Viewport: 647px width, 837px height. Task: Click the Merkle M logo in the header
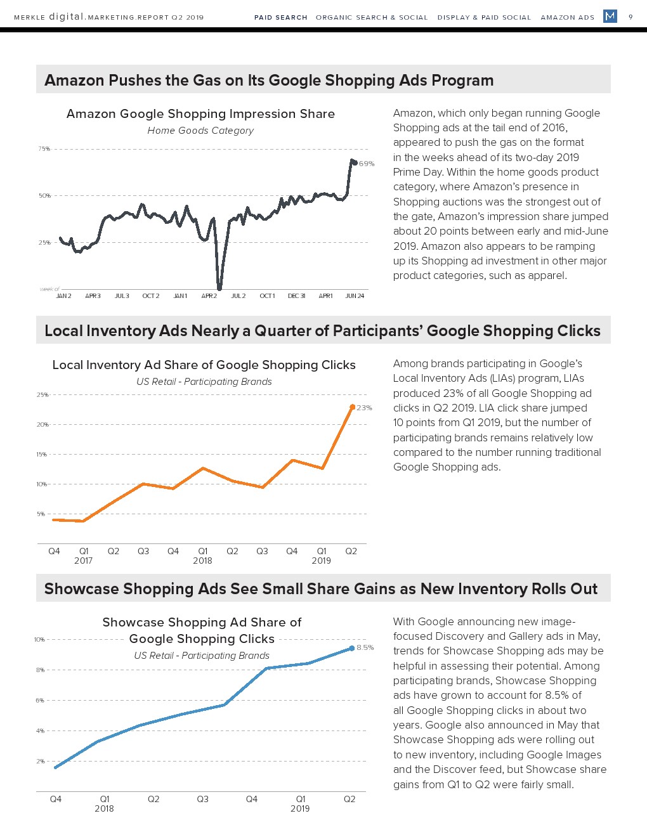[x=610, y=16]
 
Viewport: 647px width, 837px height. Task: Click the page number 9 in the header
[x=631, y=17]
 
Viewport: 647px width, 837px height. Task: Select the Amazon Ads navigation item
[x=567, y=18]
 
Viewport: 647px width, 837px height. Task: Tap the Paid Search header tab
[x=280, y=18]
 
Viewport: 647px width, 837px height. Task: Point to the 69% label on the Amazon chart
[x=367, y=164]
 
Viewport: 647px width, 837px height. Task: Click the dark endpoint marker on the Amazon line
[x=355, y=163]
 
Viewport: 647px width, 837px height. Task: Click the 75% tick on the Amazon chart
[x=44, y=149]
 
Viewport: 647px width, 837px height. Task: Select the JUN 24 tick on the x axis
[x=355, y=296]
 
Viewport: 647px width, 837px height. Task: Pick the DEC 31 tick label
[x=296, y=296]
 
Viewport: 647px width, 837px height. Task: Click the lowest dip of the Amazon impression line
[x=219, y=288]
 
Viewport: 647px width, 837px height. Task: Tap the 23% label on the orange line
[x=364, y=408]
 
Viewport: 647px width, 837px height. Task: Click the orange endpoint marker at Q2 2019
[x=352, y=407]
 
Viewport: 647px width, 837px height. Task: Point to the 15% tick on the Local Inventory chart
[x=41, y=455]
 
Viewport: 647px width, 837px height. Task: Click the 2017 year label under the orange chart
[x=83, y=561]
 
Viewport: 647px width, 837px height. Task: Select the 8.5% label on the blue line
[x=365, y=647]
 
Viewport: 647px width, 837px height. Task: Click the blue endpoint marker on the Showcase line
[x=352, y=648]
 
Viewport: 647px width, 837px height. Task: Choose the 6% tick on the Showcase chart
[x=40, y=701]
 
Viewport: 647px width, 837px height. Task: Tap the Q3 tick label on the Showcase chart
[x=202, y=799]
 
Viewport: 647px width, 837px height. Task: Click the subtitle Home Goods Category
[x=200, y=131]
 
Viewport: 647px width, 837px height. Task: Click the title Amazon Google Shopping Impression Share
[x=200, y=114]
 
